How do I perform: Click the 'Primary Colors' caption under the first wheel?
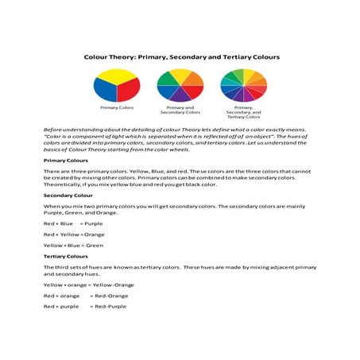pos(117,107)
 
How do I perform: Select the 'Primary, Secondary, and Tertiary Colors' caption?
pos(244,112)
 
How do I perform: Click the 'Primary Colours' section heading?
pos(66,160)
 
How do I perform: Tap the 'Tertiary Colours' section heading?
pos(66,257)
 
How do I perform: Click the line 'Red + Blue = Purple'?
pos(68,223)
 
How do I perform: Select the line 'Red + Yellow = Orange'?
pos(74,234)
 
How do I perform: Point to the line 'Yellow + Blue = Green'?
pos(74,246)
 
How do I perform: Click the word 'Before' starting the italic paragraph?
pos(53,127)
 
